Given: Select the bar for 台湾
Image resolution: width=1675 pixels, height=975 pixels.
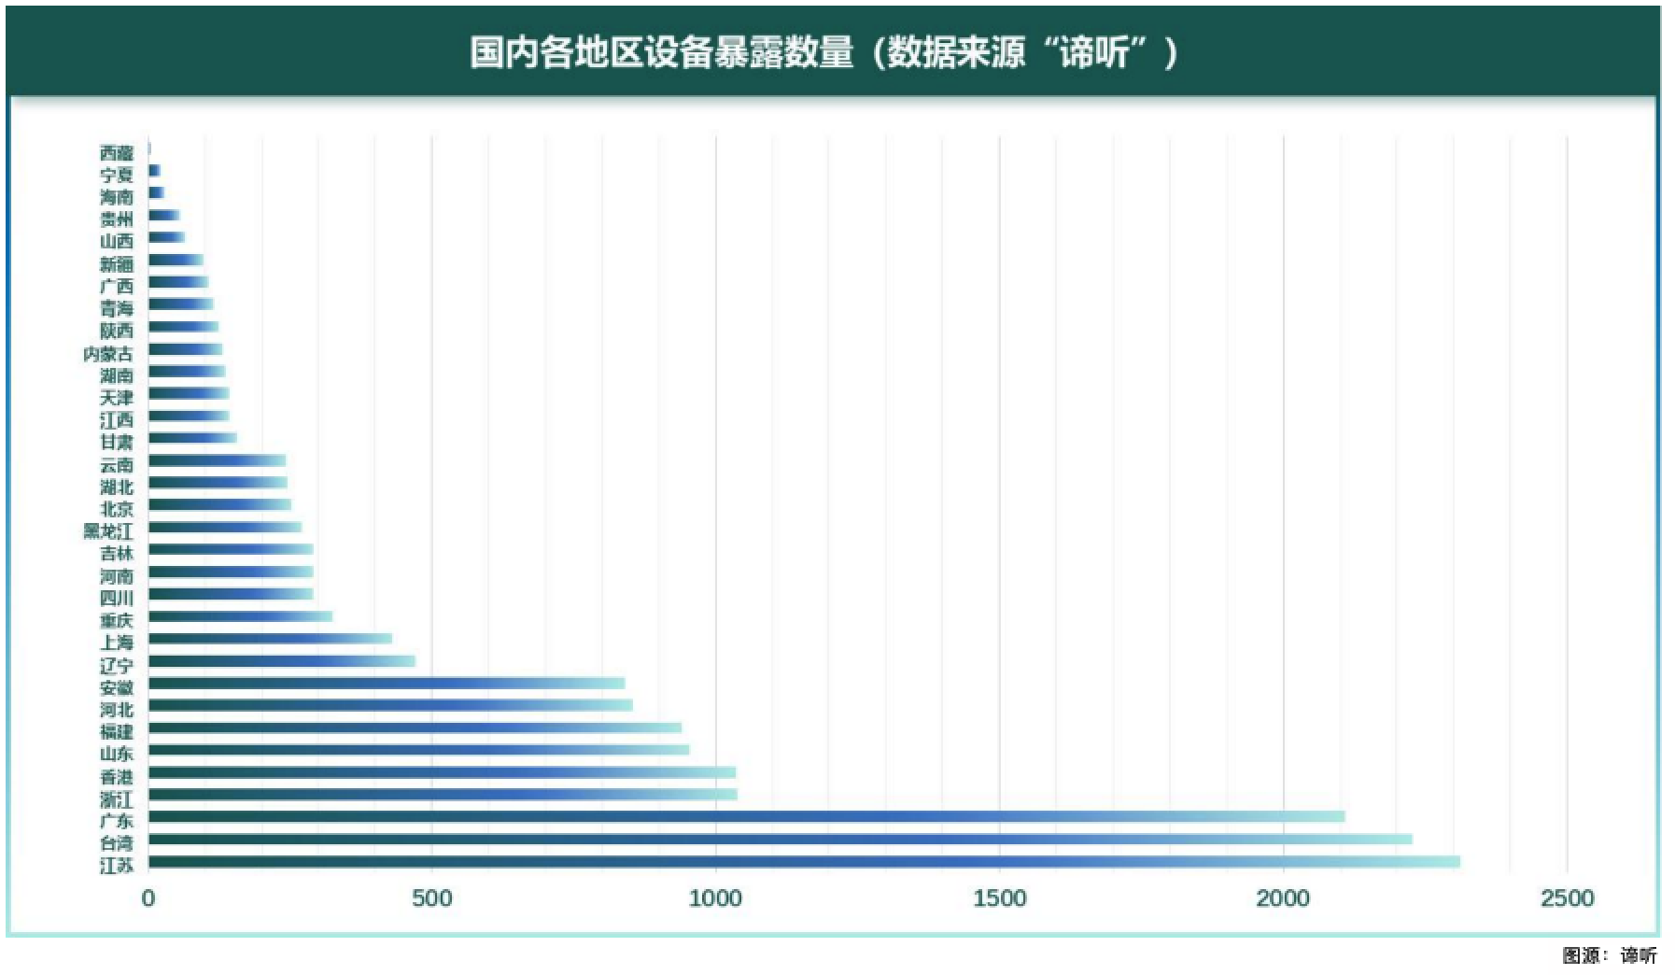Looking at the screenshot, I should click(x=780, y=839).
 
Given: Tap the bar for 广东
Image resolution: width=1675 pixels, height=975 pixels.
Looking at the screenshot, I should click(x=746, y=816).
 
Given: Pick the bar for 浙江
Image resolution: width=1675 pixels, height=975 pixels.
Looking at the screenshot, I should click(x=443, y=795).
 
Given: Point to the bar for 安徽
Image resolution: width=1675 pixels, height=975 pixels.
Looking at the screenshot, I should click(x=387, y=684).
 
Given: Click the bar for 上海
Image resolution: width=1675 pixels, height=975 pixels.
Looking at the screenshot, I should click(x=270, y=639).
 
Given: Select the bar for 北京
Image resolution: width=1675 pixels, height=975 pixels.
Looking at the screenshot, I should click(x=219, y=505).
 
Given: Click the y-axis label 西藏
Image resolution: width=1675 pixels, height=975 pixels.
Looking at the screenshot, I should click(x=117, y=152).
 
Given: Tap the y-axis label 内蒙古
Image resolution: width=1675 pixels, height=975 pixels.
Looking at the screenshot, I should click(x=108, y=353).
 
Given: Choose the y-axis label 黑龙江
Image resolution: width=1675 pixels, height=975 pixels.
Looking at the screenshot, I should click(x=108, y=530).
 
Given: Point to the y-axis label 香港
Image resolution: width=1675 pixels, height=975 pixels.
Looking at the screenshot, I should click(x=117, y=776).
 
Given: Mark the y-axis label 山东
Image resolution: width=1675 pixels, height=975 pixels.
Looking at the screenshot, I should click(x=117, y=754).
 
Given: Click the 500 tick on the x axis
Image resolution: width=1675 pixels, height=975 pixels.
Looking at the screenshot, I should click(x=431, y=899).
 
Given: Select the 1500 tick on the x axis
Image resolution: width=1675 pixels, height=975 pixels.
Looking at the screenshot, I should click(x=999, y=899).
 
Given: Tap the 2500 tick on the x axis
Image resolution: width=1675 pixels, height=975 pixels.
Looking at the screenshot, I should click(x=1567, y=899).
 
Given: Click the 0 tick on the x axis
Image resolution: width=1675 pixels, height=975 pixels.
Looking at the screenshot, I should click(x=148, y=899).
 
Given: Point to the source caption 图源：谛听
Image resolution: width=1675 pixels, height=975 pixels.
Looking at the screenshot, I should click(x=1610, y=955).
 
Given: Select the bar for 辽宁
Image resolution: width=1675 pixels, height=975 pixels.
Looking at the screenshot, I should click(x=281, y=661).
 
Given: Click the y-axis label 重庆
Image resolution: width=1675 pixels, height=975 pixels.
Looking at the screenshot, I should click(x=117, y=620).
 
